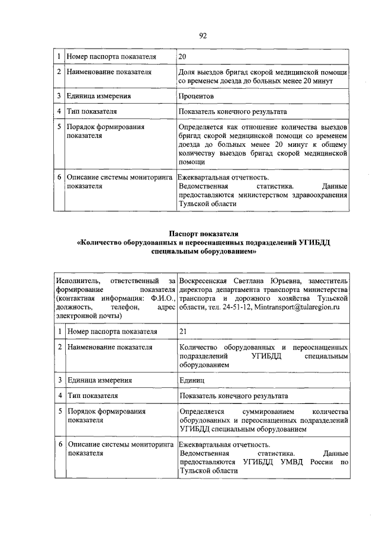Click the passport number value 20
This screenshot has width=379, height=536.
point(182,57)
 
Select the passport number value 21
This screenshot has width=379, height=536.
point(182,330)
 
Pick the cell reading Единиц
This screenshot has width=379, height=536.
point(192,380)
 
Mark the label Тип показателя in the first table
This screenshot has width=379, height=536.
point(92,111)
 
